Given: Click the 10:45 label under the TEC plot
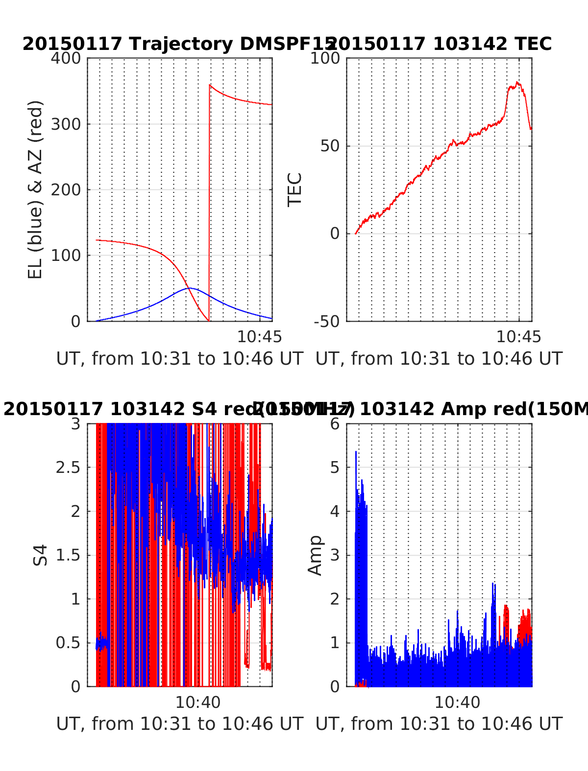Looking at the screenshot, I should (518, 337).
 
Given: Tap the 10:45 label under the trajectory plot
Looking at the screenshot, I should (259, 337).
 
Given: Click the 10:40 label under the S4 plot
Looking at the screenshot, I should (198, 702).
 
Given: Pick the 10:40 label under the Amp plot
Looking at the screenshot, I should (457, 702).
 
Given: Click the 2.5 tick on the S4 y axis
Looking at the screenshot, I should (68, 467).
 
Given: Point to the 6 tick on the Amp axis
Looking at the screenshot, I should (335, 423).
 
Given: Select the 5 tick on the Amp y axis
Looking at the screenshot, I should (335, 467).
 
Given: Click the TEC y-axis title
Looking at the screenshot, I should (295, 190).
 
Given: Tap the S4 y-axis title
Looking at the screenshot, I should (41, 555).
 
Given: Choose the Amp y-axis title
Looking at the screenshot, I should (316, 555).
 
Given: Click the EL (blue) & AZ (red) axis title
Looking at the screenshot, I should (36, 190).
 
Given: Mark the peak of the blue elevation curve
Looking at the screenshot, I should (190, 288).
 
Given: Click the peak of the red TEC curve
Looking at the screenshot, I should (517, 82).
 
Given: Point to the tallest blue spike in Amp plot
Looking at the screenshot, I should (356, 452).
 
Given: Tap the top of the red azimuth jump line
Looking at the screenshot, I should (210, 85).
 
